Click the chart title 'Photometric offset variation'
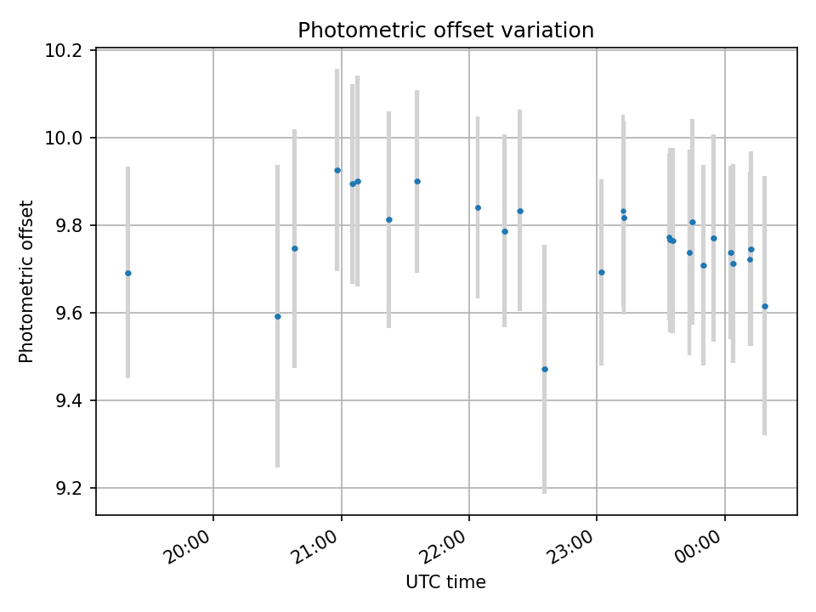pyautogui.click(x=445, y=31)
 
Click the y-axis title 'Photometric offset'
pyautogui.click(x=26, y=281)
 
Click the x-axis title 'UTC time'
pyautogui.click(x=445, y=581)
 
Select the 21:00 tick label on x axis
pyautogui.click(x=317, y=547)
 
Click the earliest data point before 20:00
pyautogui.click(x=128, y=273)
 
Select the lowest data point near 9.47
pyautogui.click(x=545, y=370)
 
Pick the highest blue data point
pyautogui.click(x=337, y=170)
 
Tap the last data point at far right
pyautogui.click(x=765, y=307)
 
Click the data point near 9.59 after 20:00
pyautogui.click(x=277, y=316)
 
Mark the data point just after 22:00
pyautogui.click(x=478, y=207)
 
